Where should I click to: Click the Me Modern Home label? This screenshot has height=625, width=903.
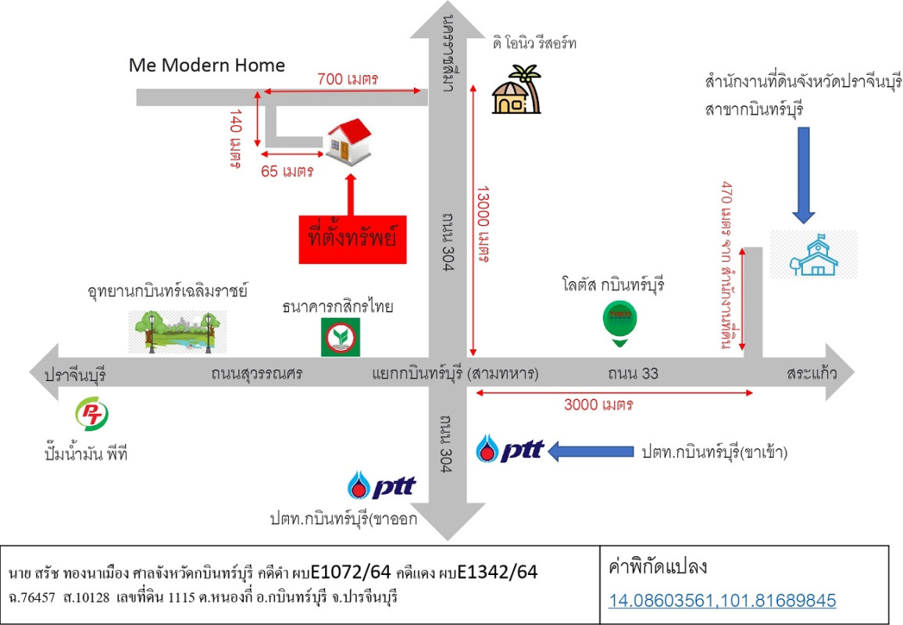click(207, 65)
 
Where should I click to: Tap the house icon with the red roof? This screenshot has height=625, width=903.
click(349, 141)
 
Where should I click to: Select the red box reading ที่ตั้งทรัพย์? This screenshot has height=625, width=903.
click(352, 240)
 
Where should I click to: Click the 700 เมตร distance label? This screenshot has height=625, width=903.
click(348, 78)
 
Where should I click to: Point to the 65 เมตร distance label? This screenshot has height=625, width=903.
click(287, 171)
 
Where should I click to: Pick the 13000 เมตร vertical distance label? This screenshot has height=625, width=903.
click(483, 224)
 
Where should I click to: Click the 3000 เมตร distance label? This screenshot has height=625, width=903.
click(598, 405)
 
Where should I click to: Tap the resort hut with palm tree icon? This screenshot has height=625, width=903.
click(516, 89)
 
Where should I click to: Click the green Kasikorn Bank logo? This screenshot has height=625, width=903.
click(341, 337)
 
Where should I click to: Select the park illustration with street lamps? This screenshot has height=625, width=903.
click(177, 332)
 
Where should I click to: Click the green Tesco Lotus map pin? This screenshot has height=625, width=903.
click(619, 325)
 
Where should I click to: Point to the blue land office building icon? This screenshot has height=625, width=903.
click(813, 255)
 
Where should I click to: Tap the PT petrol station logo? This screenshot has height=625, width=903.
click(91, 413)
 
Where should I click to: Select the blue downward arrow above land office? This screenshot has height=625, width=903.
click(803, 175)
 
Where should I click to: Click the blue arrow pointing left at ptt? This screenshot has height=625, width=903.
click(591, 451)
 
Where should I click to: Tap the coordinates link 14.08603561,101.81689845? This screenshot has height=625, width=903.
click(723, 600)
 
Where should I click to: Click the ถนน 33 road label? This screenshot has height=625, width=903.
click(633, 373)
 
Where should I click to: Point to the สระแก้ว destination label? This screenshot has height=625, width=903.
click(812, 373)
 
